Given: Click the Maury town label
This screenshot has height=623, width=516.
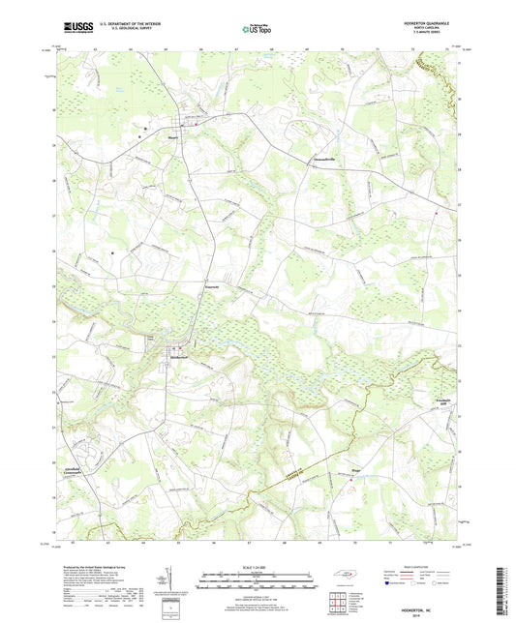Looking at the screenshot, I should click(174, 136).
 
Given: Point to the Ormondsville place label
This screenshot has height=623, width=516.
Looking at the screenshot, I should click(329, 157).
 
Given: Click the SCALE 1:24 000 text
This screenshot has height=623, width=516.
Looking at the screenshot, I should click(257, 567).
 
